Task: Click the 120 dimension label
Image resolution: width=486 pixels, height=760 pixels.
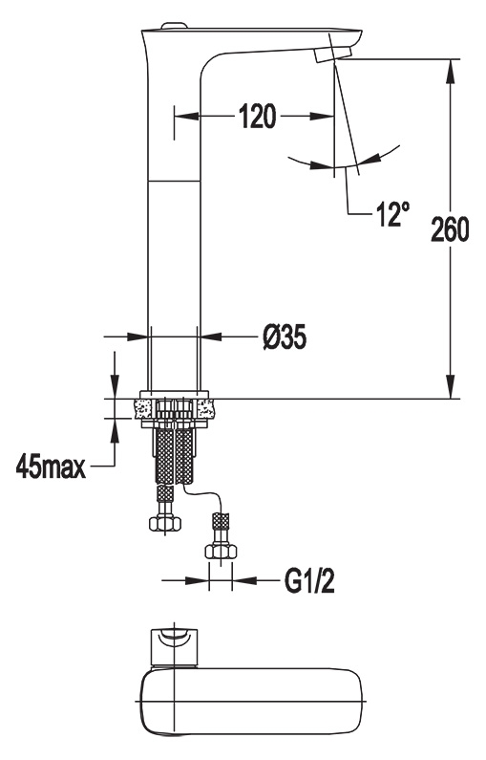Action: [258, 117]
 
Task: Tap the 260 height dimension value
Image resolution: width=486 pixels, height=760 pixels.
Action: [450, 229]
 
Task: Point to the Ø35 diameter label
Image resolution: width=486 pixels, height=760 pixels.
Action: [285, 337]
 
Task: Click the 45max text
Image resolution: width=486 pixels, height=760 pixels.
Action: [51, 467]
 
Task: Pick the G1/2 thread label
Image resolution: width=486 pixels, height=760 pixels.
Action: [309, 580]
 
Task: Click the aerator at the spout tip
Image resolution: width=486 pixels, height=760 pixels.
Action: [333, 53]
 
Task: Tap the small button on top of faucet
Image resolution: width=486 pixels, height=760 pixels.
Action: [174, 25]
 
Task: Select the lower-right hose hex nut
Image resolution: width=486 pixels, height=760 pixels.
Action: [221, 551]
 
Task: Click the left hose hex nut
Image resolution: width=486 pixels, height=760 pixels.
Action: [164, 523]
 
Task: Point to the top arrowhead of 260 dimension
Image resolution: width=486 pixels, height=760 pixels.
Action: [451, 71]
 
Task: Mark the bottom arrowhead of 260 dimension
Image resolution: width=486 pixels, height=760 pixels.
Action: [451, 386]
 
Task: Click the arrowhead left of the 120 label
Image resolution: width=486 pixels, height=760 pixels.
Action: [187, 117]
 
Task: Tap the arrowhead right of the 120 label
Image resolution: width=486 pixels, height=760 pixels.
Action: [322, 117]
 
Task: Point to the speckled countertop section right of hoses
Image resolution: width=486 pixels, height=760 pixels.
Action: [205, 408]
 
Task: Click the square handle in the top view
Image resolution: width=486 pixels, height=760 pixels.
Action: [175, 646]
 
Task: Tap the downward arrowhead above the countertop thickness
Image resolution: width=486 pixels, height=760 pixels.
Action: [115, 387]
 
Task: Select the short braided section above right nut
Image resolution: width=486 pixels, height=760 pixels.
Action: [221, 522]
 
